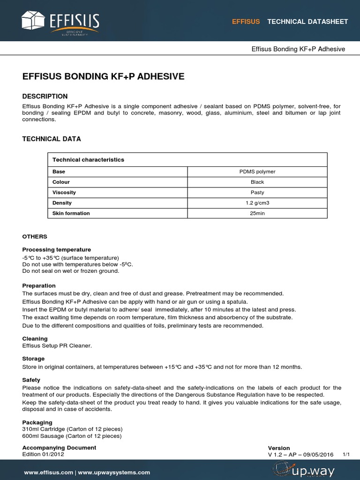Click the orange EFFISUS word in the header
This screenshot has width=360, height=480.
point(246,22)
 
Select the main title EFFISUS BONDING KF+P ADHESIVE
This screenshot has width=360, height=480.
point(104,76)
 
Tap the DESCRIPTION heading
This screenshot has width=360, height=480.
point(45,96)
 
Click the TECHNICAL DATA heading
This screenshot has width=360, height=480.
point(52,139)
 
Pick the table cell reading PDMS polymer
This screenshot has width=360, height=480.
point(257,172)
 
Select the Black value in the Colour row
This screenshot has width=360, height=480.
point(257,182)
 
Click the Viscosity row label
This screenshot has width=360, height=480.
point(64,192)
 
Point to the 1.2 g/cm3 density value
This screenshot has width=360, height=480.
point(257,202)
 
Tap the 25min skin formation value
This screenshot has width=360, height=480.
point(257,213)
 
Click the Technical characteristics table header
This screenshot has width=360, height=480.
point(88,160)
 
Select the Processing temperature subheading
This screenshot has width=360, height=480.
point(57,249)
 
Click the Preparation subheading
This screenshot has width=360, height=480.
point(39,285)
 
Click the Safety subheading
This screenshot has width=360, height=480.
point(31,380)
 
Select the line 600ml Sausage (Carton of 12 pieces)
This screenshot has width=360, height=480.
point(72,436)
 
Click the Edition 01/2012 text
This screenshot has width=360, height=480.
point(43,454)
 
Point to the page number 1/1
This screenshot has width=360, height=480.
point(346,454)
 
